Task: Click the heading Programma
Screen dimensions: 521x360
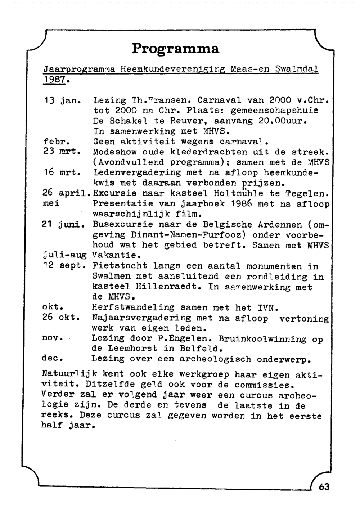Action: [x=175, y=48]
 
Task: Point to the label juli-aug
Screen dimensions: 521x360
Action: [x=64, y=256]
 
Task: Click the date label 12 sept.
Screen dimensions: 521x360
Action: [x=64, y=266]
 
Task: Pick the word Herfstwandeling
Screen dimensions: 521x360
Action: [x=133, y=308]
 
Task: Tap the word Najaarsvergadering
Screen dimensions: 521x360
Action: [x=141, y=319]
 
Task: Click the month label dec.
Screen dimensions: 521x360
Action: [x=53, y=359]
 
